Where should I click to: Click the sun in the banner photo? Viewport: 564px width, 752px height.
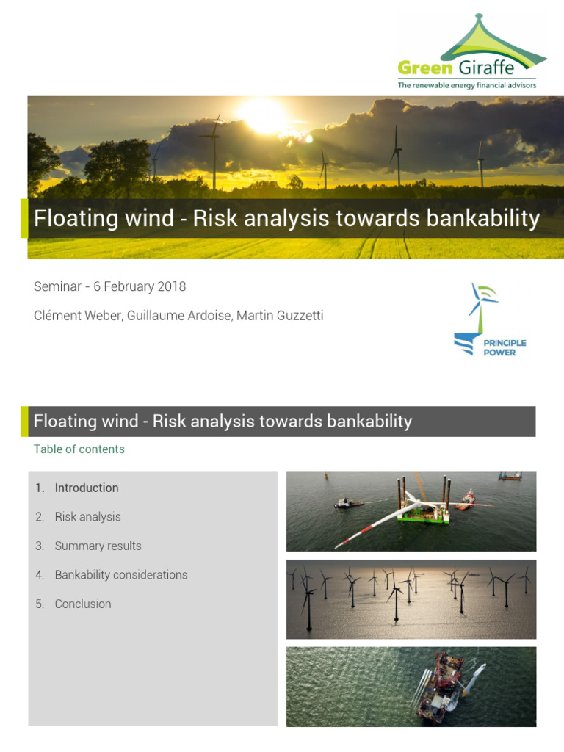[263, 115]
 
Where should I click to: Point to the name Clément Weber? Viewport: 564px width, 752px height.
[76, 316]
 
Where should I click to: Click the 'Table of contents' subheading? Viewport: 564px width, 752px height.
[79, 449]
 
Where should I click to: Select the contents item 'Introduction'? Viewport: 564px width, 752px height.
[86, 488]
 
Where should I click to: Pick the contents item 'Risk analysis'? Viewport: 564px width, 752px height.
[87, 517]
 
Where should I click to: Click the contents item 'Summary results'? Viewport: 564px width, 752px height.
[98, 546]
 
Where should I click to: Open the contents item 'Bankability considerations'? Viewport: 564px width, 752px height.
[120, 575]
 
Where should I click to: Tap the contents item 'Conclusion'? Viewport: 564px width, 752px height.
[83, 604]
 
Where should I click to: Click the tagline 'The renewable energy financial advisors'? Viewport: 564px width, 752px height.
[467, 85]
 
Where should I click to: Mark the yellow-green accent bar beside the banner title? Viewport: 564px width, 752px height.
[24, 218]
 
